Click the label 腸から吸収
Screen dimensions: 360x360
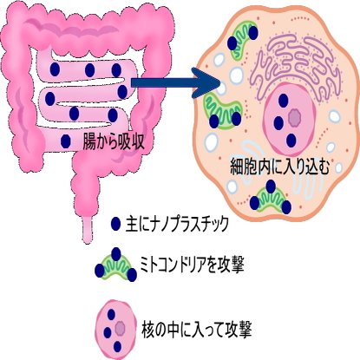pos(114,141)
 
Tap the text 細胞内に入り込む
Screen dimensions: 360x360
pos(279,167)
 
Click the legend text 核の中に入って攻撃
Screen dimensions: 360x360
pos(197,330)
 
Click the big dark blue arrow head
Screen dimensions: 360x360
pos(207,83)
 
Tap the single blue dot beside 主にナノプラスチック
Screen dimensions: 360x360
pos(115,223)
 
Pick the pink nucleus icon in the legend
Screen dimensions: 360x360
pos(116,330)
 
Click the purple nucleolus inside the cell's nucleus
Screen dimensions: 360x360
pos(295,117)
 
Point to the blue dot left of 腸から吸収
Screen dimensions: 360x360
pos(66,141)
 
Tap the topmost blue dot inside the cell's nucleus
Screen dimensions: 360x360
pos(284,101)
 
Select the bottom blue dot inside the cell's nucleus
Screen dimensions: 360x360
pos(291,141)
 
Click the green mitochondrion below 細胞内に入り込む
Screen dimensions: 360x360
pos(271,199)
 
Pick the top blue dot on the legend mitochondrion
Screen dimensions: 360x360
pos(116,254)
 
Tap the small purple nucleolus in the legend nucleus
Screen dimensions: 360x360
pos(119,328)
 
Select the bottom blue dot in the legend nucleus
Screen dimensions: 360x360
pos(117,346)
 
